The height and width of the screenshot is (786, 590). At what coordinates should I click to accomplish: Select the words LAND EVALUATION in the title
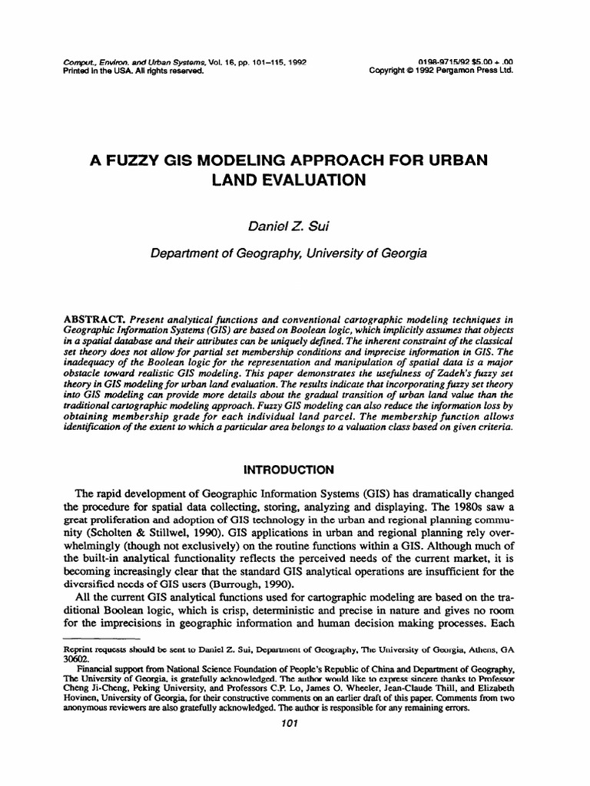tap(295, 181)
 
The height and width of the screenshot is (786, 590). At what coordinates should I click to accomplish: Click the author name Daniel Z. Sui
tap(294, 223)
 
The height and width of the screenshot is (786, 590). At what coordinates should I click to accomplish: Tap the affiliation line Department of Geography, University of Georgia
tap(294, 250)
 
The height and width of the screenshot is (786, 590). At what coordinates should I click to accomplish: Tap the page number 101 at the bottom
tap(294, 723)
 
